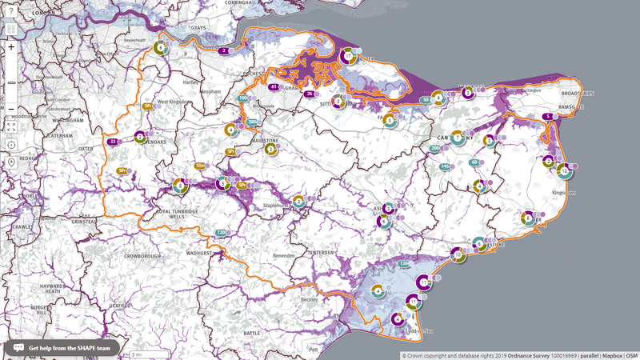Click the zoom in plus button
pos(11,46)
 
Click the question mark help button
pos(11,11)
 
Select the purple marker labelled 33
pos(114,142)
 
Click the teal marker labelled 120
pos(219,233)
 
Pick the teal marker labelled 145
pos(445,166)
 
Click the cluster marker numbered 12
pos(565,170)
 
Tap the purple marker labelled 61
pos(274,86)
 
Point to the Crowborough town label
pos(143,234)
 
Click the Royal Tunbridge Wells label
pos(175,214)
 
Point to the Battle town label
pos(252,330)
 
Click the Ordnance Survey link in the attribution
pos(530,354)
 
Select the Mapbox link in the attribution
pos(613,354)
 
